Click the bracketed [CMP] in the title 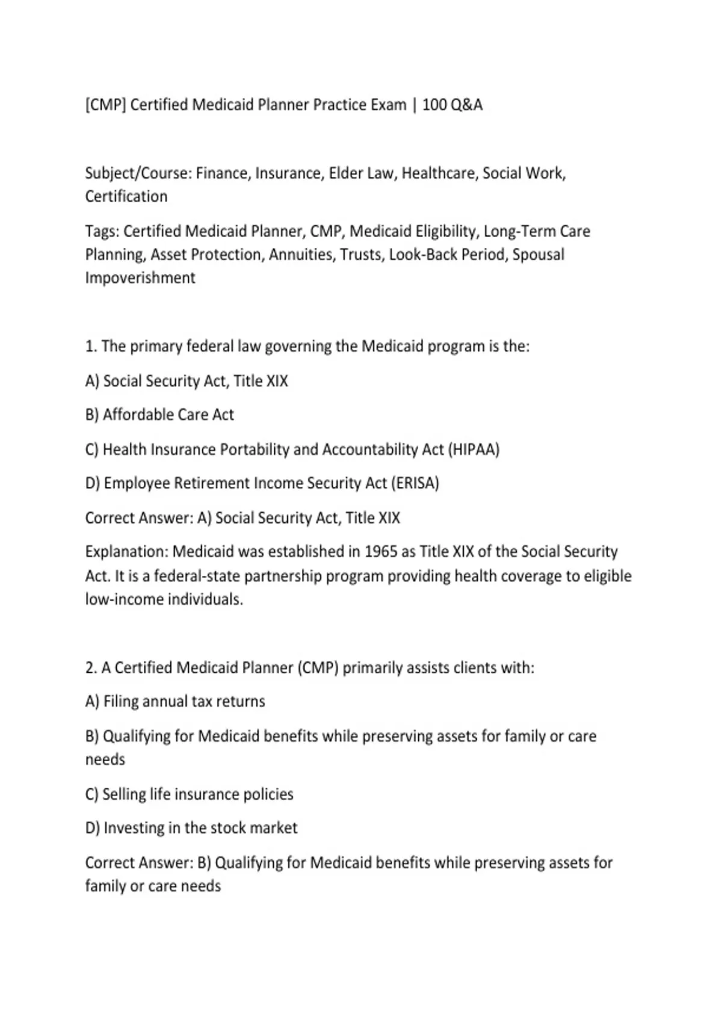(x=105, y=105)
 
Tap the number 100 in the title (x=434, y=105)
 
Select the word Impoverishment (x=140, y=278)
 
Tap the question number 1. (x=91, y=347)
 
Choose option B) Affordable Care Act (x=159, y=415)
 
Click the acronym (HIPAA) (x=474, y=450)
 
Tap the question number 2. (x=91, y=668)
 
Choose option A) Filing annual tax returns (x=175, y=702)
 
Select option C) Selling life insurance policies (x=189, y=794)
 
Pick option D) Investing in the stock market (x=191, y=828)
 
